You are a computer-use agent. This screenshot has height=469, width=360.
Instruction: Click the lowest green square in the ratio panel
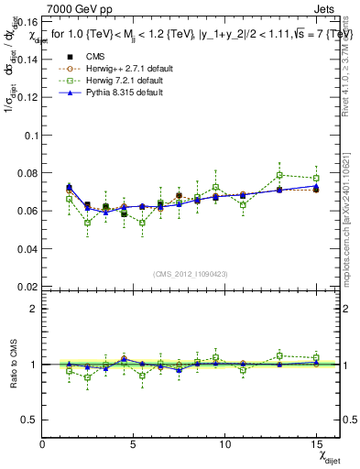click(x=87, y=377)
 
